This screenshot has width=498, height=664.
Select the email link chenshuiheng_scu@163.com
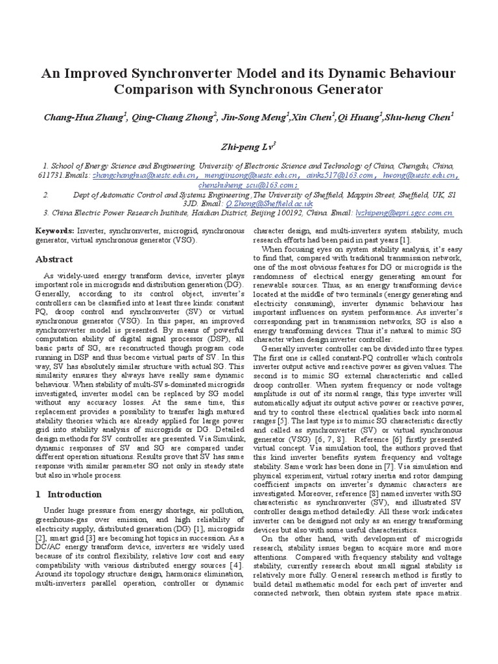pos(249,184)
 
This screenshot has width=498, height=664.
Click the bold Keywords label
pos(54,230)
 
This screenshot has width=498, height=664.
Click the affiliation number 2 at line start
pos(47,194)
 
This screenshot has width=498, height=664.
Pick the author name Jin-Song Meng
pos(254,117)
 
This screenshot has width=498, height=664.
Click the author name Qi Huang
pos(357,117)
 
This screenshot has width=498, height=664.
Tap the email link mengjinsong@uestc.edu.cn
pos(251,175)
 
